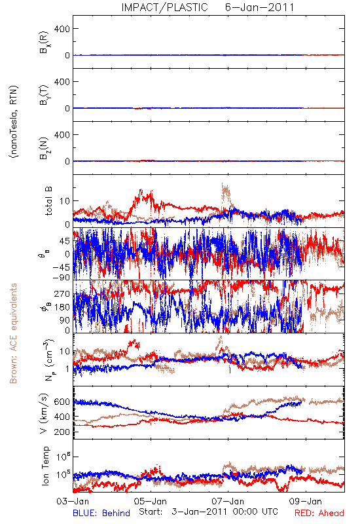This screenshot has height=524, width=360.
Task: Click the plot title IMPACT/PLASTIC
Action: pos(164,7)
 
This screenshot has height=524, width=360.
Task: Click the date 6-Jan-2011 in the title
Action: pos(259,7)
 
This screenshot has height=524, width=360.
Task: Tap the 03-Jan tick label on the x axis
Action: pos(73,501)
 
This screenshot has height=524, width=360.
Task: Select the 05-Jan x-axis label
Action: pos(151,501)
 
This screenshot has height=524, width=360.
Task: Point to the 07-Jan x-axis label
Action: pos(228,501)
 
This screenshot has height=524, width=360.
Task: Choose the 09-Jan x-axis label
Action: pos(306,501)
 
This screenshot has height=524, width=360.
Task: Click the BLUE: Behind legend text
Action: pos(101,513)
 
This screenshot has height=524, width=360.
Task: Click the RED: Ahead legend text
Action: pos(319,513)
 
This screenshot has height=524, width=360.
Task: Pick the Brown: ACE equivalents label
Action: pos(13,333)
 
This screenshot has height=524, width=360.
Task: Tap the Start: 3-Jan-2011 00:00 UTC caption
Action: pos(208,512)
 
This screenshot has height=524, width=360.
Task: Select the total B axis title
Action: pos(48,201)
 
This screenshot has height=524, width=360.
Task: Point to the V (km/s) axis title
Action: pos(44,413)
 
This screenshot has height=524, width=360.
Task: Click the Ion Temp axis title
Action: pos(45,466)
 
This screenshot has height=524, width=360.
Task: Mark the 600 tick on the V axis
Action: pos(62,402)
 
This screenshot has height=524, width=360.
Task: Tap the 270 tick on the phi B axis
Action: pos(63,293)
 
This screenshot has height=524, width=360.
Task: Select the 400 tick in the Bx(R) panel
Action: pos(62,29)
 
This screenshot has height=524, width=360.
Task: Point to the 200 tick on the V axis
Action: pos(62,432)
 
